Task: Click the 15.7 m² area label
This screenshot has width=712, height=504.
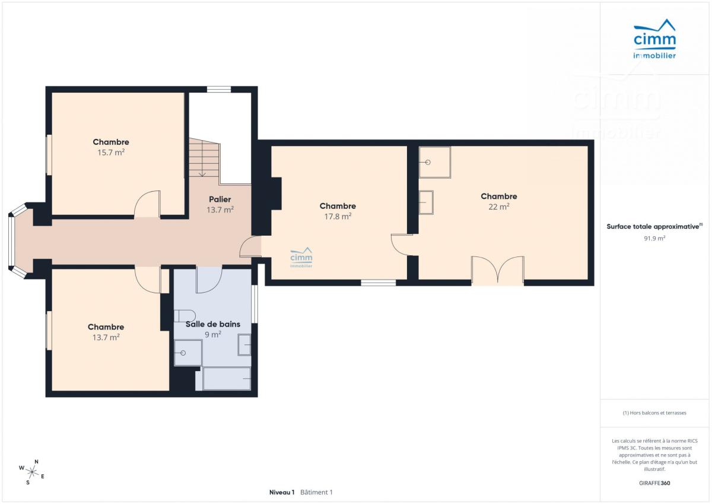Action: point(111,153)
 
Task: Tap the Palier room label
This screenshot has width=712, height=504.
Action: point(220,199)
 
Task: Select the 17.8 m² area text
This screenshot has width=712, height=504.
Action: point(338,217)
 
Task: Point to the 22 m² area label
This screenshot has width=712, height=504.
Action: point(499,207)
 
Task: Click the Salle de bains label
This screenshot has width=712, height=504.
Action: point(213,324)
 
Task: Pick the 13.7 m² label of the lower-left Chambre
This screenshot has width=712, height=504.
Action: point(106,337)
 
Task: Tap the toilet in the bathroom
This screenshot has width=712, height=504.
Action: point(185,316)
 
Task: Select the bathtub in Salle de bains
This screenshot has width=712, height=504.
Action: point(226,378)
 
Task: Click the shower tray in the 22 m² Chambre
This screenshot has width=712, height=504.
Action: point(435,162)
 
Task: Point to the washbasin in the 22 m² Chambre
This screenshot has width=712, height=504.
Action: point(426,202)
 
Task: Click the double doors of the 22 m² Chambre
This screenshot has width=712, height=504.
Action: point(498,270)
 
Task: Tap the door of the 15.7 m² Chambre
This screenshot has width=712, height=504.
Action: point(147,204)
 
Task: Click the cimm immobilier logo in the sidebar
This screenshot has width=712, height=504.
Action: point(654,39)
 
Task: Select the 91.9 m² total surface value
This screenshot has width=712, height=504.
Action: point(654,239)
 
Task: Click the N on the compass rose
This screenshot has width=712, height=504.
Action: point(37,462)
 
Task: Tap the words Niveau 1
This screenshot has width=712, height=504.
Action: point(282,492)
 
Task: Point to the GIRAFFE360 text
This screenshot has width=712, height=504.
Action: point(654,483)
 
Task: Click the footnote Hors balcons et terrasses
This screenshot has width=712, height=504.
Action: point(654,413)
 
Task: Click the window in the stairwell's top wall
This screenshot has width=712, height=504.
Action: point(219,90)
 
